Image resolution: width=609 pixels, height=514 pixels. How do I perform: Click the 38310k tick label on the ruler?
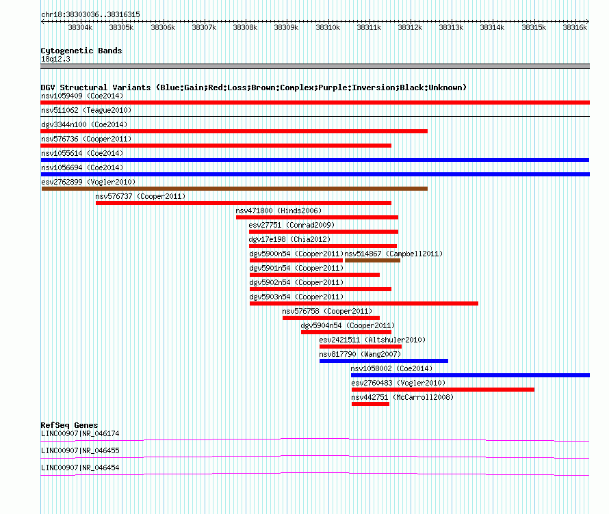pos(328,27)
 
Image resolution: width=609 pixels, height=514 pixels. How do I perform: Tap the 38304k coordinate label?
pos(80,27)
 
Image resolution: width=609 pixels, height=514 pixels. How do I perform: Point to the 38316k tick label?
pos(575,27)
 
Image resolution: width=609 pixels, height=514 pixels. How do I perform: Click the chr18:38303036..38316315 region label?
pos(90,15)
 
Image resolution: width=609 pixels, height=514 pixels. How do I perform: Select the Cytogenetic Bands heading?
pos(81,51)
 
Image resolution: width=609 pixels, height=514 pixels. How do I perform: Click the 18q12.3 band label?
pos(55,59)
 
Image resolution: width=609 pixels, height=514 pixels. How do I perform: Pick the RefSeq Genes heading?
pos(69,425)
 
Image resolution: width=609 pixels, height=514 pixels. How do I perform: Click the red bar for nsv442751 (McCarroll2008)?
pos(370,404)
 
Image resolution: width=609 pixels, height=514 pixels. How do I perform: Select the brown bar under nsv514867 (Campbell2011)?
pos(372,260)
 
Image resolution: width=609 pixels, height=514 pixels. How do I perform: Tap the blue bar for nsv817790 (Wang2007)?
pos(384,361)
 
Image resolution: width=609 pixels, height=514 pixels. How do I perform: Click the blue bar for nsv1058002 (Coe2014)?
pos(470,375)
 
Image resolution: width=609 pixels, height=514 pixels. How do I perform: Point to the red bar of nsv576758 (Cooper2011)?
pos(331,318)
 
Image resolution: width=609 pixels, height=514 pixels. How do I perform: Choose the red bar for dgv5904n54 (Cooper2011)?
pos(346,332)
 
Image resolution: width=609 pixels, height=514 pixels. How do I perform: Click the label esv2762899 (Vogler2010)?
pos(88,182)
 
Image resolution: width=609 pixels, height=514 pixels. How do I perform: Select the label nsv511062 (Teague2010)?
pos(86,110)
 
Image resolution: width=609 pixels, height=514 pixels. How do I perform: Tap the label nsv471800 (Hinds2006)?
pos(278,211)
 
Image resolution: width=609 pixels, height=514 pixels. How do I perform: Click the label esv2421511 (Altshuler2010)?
pos(372,340)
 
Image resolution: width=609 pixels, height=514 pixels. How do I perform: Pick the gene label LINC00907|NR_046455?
pos(80,450)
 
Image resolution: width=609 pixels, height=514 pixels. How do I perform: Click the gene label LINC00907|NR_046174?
pos(80,434)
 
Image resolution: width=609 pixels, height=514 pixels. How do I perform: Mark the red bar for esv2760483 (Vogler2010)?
pos(443,390)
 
